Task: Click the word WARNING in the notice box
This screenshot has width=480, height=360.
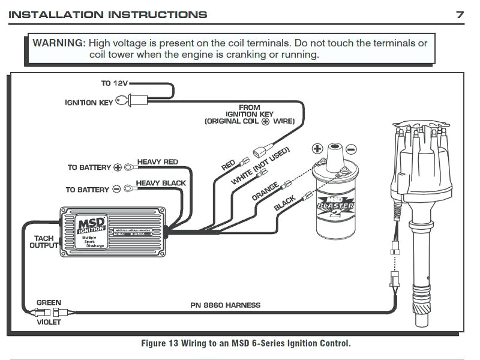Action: (x=58, y=43)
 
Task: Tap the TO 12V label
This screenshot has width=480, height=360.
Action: (x=114, y=83)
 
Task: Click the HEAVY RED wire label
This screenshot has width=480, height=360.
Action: (x=158, y=162)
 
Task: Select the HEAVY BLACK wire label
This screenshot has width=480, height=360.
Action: (x=161, y=183)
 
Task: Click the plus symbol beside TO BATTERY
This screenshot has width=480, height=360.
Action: (x=118, y=167)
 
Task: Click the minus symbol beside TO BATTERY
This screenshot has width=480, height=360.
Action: (x=117, y=190)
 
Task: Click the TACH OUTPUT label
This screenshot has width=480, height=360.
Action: (x=43, y=242)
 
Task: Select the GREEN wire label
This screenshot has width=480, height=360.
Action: (x=49, y=302)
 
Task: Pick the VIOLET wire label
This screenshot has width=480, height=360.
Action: (x=49, y=322)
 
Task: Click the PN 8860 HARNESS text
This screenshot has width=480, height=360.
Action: (x=226, y=305)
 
